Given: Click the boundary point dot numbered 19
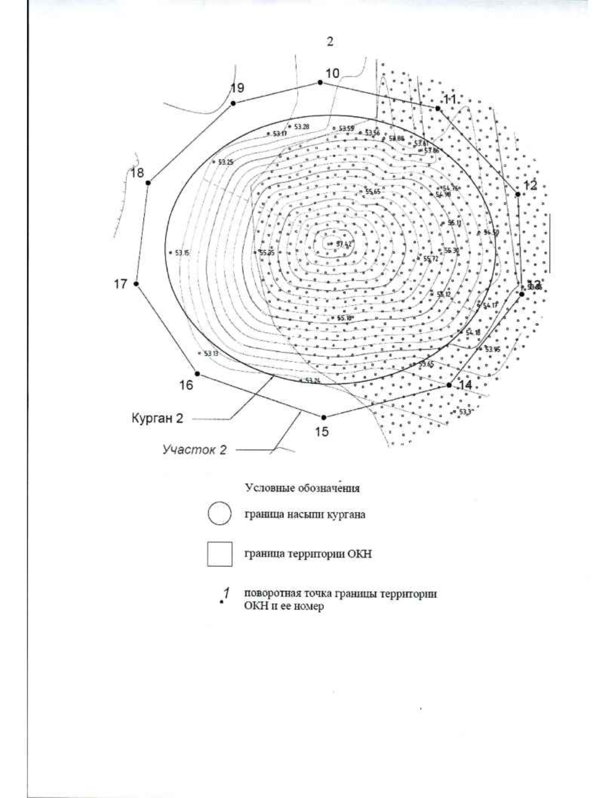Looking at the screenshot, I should [x=233, y=103].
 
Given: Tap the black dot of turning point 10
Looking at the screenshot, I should [x=320, y=82].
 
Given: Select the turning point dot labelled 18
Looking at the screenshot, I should [x=148, y=182].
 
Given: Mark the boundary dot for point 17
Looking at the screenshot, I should [x=137, y=284].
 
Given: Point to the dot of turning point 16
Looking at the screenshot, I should [x=197, y=374].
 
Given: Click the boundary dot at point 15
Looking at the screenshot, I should [x=323, y=417].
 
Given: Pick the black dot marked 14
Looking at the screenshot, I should [x=449, y=384].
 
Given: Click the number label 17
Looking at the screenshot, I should [x=121, y=284].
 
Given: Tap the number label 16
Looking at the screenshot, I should [x=186, y=385].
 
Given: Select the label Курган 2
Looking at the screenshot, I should [x=157, y=419].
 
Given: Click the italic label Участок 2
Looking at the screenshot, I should [x=195, y=451].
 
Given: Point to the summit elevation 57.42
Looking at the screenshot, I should [x=344, y=244].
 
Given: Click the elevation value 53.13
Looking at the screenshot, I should [x=211, y=354].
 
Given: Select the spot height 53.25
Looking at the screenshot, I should [x=225, y=162].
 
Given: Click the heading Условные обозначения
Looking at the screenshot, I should [x=302, y=488].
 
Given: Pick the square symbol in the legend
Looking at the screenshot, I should [x=219, y=554].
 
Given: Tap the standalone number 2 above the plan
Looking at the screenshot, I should [x=330, y=42].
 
